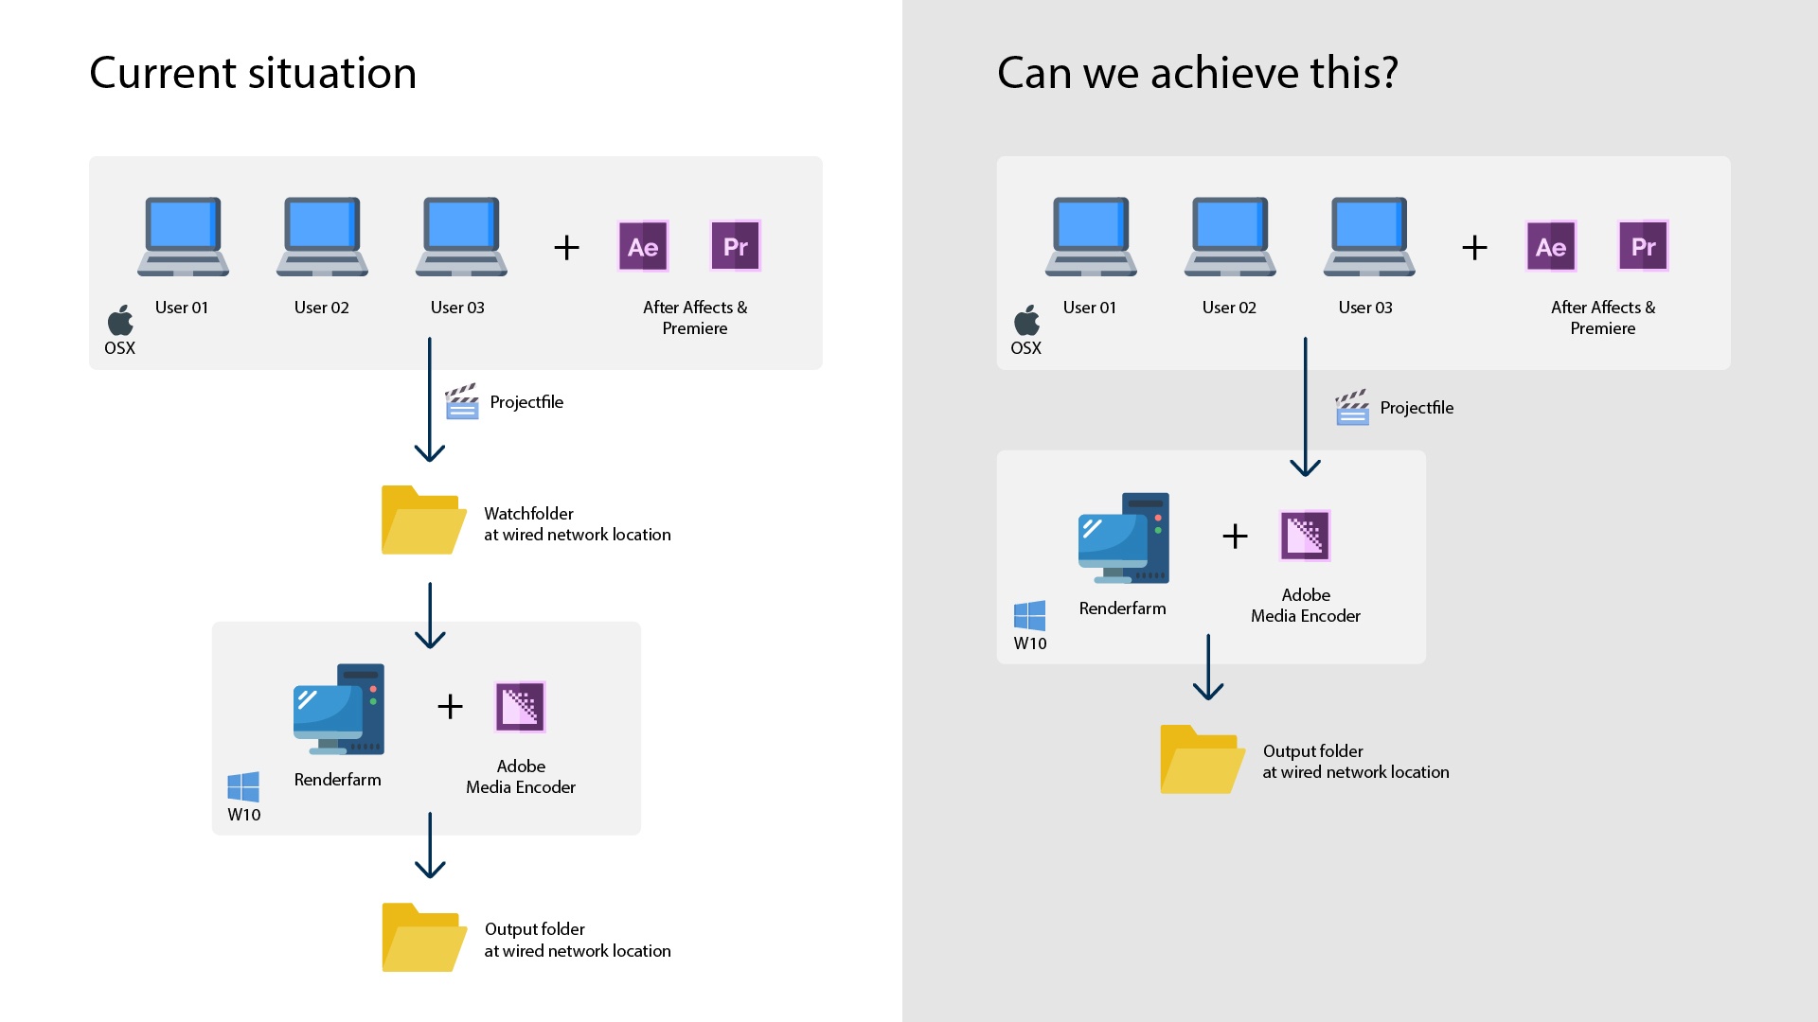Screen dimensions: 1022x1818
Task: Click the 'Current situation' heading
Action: (x=253, y=73)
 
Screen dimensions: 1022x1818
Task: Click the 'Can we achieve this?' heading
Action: (x=1197, y=73)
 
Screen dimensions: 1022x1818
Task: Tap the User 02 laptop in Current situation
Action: (x=322, y=237)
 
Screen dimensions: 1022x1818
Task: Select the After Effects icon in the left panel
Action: (x=643, y=247)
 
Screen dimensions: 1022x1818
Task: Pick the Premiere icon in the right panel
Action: (x=1643, y=247)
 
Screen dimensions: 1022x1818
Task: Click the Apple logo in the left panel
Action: (x=120, y=321)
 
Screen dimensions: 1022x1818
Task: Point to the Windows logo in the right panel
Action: (x=1029, y=616)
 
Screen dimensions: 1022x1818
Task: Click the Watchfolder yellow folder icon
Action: (x=422, y=520)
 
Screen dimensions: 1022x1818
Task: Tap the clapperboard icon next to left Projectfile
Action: (x=462, y=401)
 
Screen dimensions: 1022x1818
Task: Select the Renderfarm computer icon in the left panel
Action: (x=339, y=709)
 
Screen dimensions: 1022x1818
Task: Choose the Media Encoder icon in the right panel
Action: (x=1305, y=536)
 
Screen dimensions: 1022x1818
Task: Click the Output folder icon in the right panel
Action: (x=1202, y=759)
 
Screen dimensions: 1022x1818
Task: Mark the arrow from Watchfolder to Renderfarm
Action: (x=430, y=615)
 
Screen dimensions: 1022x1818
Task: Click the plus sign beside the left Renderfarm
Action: (x=450, y=706)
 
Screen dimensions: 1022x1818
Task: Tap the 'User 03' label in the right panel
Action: (x=1364, y=308)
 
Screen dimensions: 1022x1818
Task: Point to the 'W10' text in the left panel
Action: (x=243, y=815)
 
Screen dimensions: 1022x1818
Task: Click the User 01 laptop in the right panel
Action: (x=1091, y=237)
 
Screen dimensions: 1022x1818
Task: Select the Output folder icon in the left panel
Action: (x=423, y=938)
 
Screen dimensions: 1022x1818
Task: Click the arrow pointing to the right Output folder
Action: (x=1208, y=667)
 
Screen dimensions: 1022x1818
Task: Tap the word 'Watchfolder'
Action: (x=528, y=514)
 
